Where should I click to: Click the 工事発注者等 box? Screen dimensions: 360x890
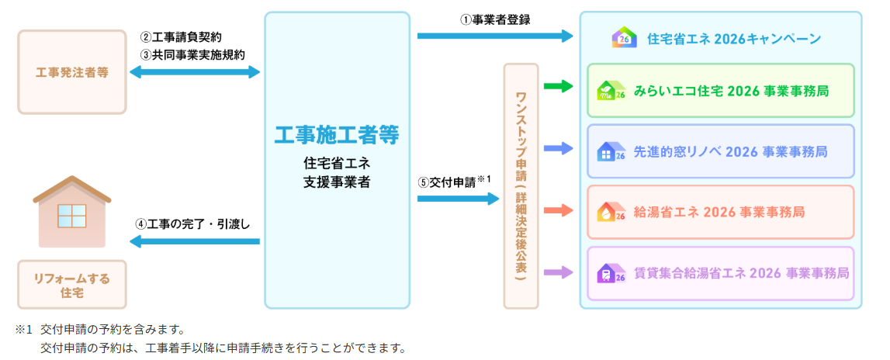click(x=71, y=73)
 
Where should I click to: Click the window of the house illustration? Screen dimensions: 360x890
click(x=71, y=216)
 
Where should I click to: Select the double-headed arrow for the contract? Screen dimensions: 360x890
click(x=195, y=72)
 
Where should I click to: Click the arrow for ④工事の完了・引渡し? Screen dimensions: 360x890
click(x=195, y=242)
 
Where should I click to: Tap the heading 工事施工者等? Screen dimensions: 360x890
click(x=337, y=135)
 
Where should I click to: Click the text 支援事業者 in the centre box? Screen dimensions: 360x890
click(x=337, y=183)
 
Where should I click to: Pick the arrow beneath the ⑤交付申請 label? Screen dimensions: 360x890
click(x=458, y=199)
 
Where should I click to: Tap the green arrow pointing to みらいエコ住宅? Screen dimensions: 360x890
click(x=558, y=86)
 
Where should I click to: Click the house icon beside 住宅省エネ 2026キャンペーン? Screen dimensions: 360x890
click(x=624, y=38)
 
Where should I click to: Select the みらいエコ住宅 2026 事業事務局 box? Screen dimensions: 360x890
click(x=720, y=91)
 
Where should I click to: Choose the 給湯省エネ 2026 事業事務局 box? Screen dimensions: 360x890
click(x=720, y=212)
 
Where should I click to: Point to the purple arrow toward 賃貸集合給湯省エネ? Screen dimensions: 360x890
click(x=558, y=272)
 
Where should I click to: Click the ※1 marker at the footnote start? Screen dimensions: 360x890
click(x=24, y=329)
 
